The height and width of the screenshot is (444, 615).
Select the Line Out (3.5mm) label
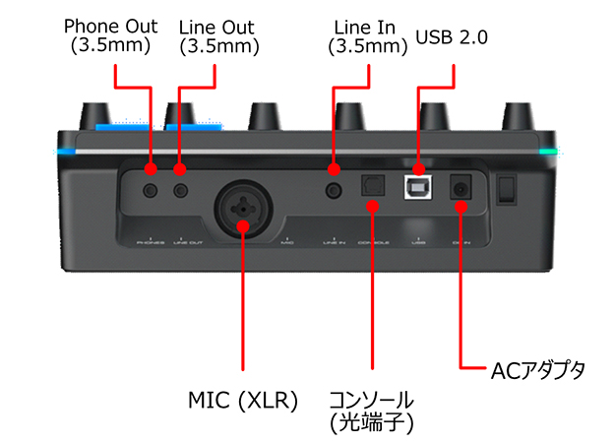point(216,34)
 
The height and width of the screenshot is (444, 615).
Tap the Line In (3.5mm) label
point(366,34)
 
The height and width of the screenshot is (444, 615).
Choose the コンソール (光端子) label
point(370,410)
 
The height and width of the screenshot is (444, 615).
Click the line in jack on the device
point(335,187)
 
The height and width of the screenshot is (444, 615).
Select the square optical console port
point(372,186)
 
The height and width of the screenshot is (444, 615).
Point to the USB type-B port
point(419,185)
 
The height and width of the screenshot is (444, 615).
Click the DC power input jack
point(459,186)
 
